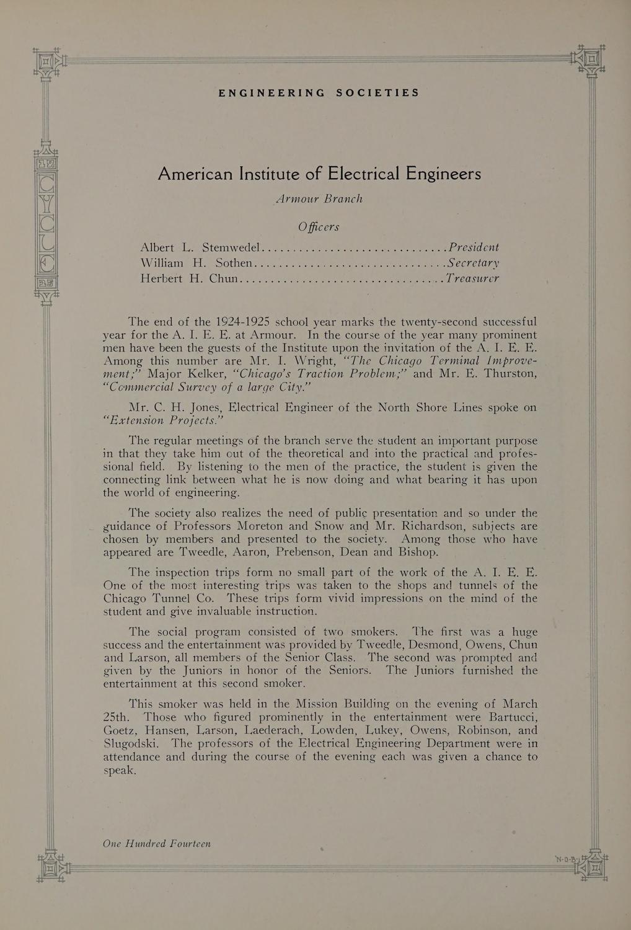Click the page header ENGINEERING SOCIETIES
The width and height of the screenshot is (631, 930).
[x=319, y=93]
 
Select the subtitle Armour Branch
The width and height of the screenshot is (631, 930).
[x=319, y=199]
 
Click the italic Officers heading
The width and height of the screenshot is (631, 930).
[x=319, y=226]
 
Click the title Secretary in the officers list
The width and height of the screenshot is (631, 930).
[x=473, y=263]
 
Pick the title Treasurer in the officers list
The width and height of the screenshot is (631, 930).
[x=472, y=278]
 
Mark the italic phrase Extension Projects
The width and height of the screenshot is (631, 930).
[x=162, y=421]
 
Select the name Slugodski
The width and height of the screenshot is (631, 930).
[x=131, y=744]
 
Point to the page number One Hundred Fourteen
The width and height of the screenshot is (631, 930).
[x=157, y=844]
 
